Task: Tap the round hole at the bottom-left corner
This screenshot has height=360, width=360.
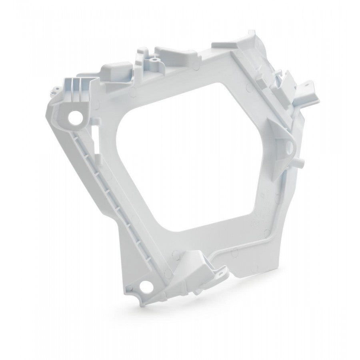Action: click(x=145, y=286)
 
